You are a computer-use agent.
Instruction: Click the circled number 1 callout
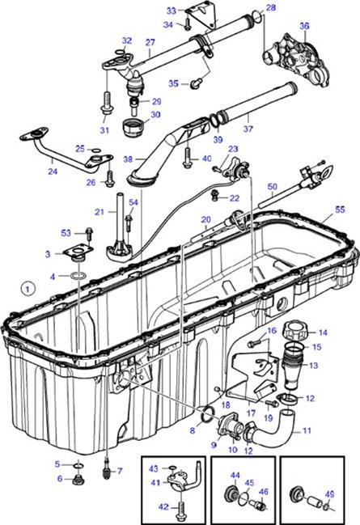click(x=28, y=288)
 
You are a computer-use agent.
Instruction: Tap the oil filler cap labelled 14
click(x=294, y=332)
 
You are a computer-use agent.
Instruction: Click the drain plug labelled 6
click(x=78, y=481)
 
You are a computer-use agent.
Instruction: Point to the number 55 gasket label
click(x=340, y=210)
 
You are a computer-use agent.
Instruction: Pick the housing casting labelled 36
click(x=300, y=60)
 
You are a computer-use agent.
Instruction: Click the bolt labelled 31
click(x=106, y=104)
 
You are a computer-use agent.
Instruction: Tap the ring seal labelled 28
click(x=257, y=15)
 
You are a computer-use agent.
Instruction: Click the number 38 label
click(x=128, y=159)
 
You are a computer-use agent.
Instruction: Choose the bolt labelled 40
click(x=187, y=158)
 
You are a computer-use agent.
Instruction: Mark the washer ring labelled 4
click(x=78, y=276)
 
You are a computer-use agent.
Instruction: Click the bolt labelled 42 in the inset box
click(x=181, y=507)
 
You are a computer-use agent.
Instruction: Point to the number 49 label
click(x=330, y=494)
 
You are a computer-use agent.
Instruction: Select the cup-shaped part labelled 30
click(x=134, y=127)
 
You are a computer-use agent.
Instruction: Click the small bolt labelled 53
click(x=89, y=233)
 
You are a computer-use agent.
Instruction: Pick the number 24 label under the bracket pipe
click(x=53, y=171)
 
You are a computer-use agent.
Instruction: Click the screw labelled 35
click(x=196, y=83)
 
